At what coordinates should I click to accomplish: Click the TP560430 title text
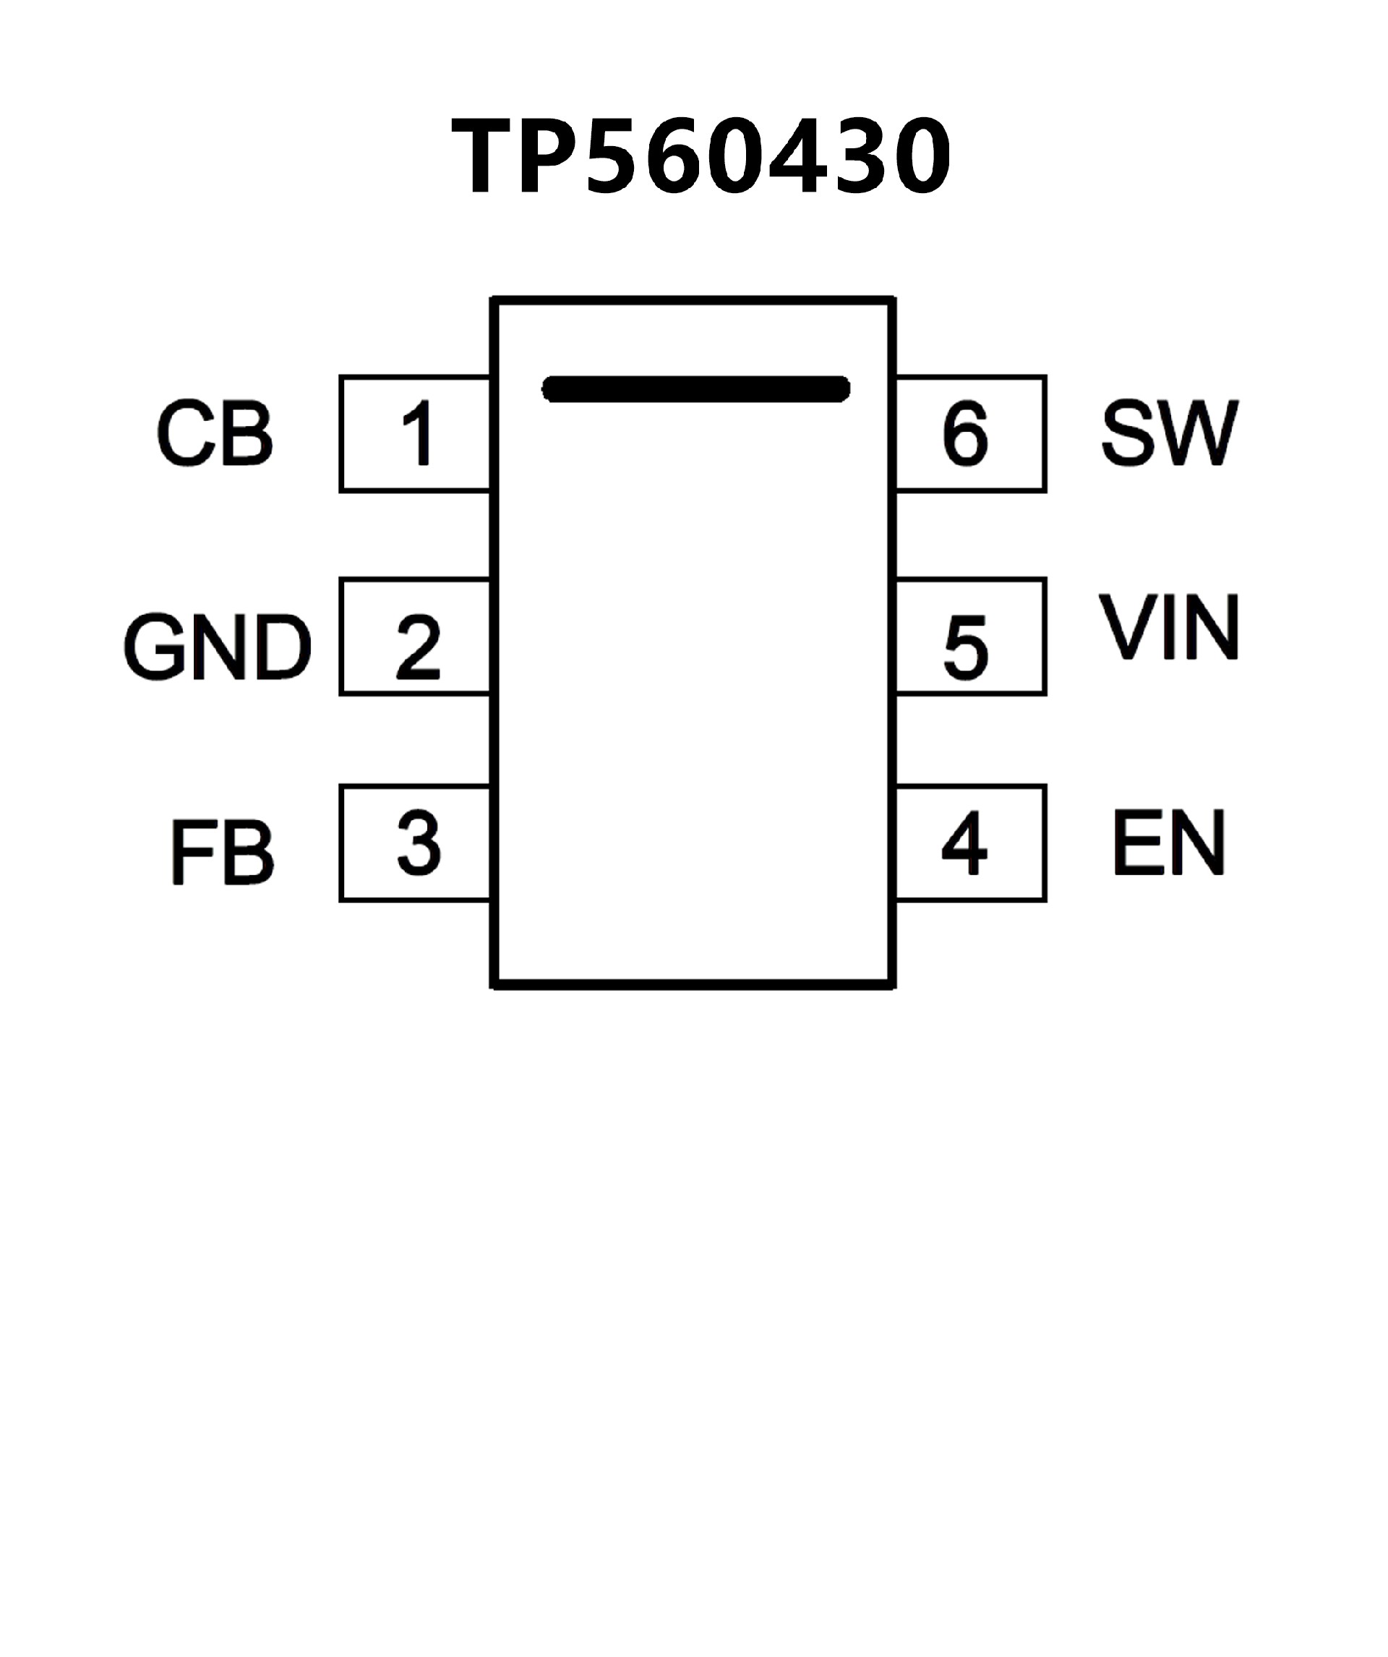tap(701, 156)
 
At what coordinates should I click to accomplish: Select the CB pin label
tap(215, 434)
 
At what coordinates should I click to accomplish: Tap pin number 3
tap(418, 844)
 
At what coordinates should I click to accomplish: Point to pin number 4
tap(964, 844)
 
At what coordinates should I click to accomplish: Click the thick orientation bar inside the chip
tap(695, 389)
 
